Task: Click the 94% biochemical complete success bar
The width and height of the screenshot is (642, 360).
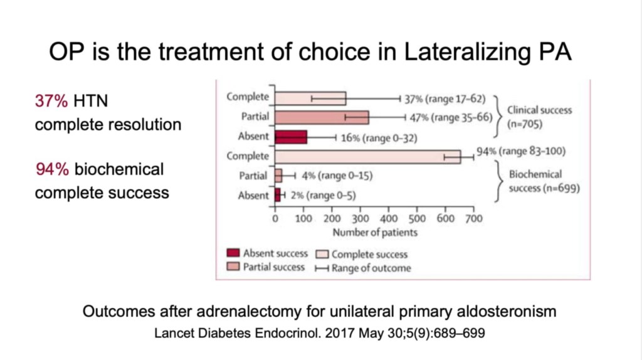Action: pos(367,156)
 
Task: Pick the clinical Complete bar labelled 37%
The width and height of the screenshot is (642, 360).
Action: pos(310,98)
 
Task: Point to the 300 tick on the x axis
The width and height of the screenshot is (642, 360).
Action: pos(360,219)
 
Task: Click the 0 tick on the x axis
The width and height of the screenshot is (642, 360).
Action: pos(275,219)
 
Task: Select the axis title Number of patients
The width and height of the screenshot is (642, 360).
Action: pos(375,232)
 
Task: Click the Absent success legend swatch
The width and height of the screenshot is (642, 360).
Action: pos(233,253)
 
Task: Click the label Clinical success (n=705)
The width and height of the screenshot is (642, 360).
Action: pos(539,116)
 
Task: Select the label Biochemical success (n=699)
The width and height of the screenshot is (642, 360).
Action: pos(539,181)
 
